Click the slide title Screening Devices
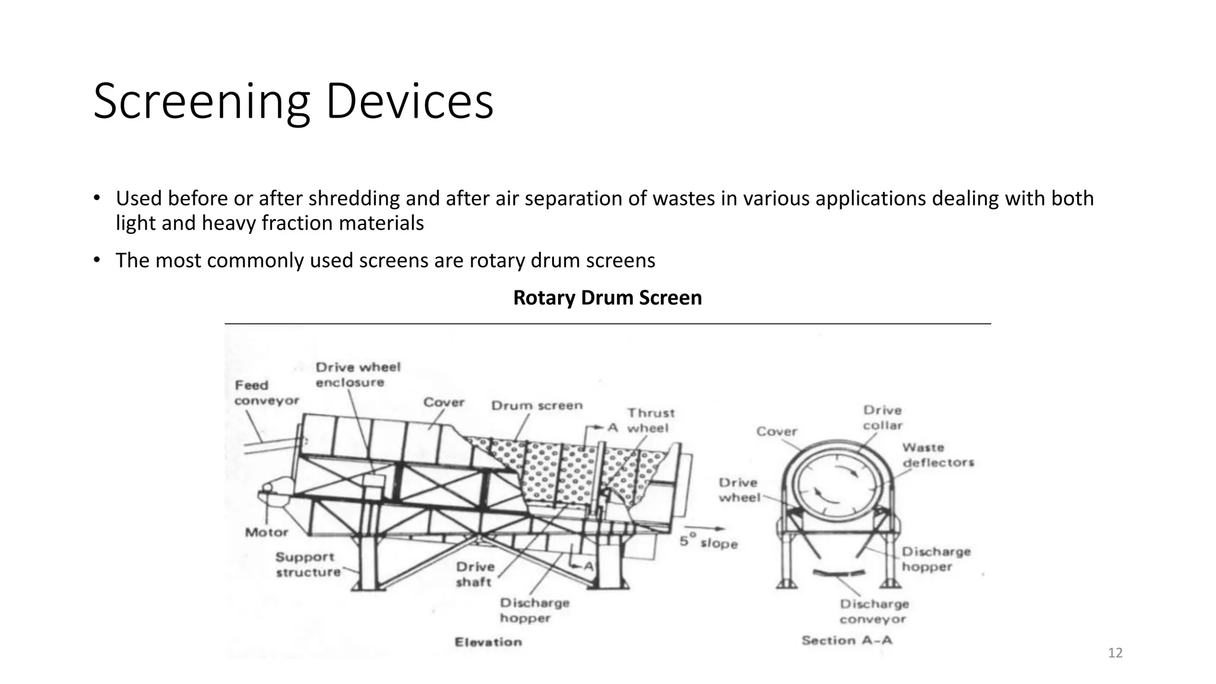point(293,102)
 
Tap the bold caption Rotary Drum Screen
point(607,297)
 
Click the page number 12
point(1115,653)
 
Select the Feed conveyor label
point(267,393)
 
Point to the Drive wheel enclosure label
point(358,375)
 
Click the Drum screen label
point(537,406)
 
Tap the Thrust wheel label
point(651,420)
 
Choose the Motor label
point(267,533)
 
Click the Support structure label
point(308,565)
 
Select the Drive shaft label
point(475,574)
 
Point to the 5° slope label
point(708,541)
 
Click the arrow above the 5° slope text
point(704,528)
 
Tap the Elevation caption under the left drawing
point(488,642)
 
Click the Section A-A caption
point(847,640)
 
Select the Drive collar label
point(883,417)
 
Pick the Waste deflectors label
point(938,455)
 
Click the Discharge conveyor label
point(874,612)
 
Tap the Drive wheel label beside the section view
point(739,490)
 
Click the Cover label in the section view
point(777,432)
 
